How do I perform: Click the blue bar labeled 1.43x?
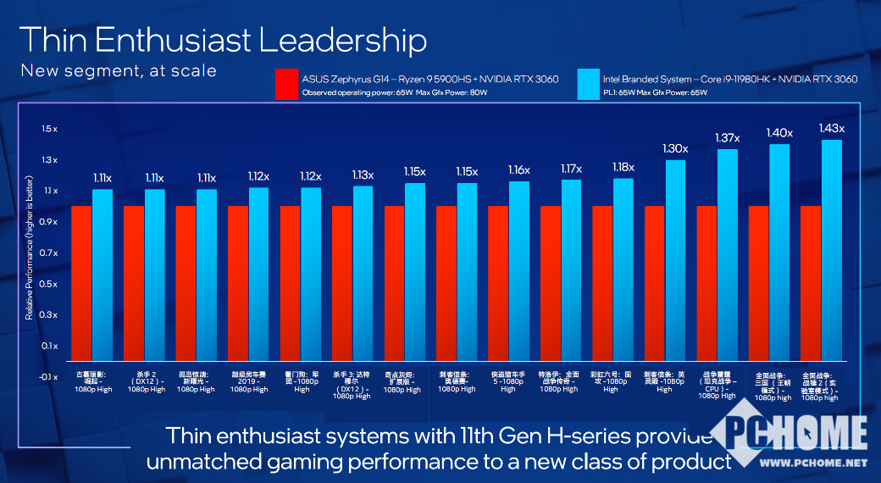[x=832, y=250]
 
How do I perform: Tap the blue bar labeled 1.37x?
[x=728, y=254]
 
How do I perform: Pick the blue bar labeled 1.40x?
[x=779, y=252]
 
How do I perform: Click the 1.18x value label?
[x=623, y=167]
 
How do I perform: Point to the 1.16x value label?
[x=518, y=170]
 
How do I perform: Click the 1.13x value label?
[x=363, y=175]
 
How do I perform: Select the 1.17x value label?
[x=571, y=169]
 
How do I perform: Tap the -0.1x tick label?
[x=48, y=377]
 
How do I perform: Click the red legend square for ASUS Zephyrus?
[x=286, y=85]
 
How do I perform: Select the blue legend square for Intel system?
[x=587, y=85]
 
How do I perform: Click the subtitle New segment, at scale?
[x=119, y=70]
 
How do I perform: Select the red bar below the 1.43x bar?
[x=811, y=283]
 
